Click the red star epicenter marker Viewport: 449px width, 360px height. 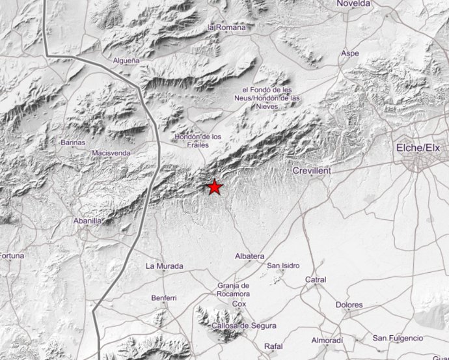tap(215, 187)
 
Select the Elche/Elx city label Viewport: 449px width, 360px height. tap(418, 149)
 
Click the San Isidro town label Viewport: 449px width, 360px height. tap(283, 266)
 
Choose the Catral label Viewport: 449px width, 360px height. tap(316, 280)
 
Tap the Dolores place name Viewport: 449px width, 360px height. tap(349, 305)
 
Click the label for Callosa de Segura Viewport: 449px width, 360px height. tap(245, 325)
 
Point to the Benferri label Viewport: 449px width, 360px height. tap(163, 298)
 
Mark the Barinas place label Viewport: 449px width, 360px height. tap(72, 141)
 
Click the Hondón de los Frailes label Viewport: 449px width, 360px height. tap(198, 140)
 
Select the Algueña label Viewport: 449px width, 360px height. tap(126, 60)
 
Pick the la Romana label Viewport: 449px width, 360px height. tap(226, 28)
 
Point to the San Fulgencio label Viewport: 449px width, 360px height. tap(398, 338)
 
